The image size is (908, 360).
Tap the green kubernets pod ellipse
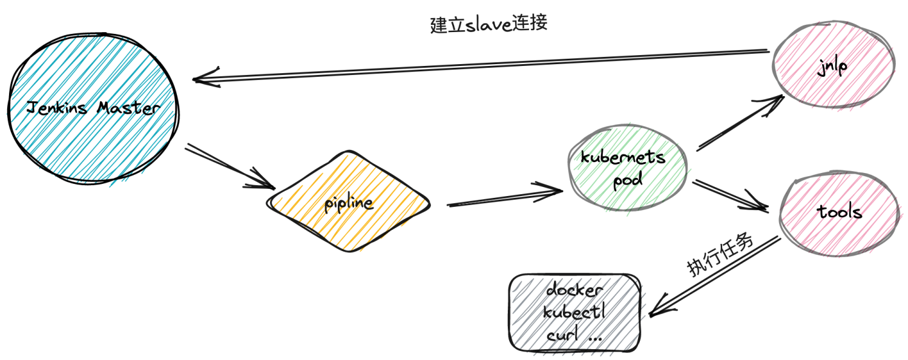point(628,169)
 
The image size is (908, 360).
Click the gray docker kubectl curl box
point(575,313)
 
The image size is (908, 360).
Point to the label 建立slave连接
point(489,24)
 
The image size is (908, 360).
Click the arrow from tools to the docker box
point(714,275)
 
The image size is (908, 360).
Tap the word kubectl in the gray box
point(574,313)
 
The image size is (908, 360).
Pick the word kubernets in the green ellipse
point(623,158)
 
